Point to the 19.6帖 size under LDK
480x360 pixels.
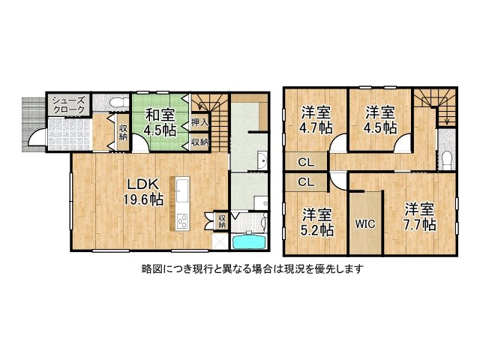143,199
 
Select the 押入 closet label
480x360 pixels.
199,121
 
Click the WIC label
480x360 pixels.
365,223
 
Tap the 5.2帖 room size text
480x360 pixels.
318,230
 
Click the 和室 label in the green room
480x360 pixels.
160,115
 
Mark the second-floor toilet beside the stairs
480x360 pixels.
446,158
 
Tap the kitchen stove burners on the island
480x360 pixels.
181,220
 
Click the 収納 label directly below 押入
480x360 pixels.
199,141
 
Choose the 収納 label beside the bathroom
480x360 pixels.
223,220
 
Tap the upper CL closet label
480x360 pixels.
306,161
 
